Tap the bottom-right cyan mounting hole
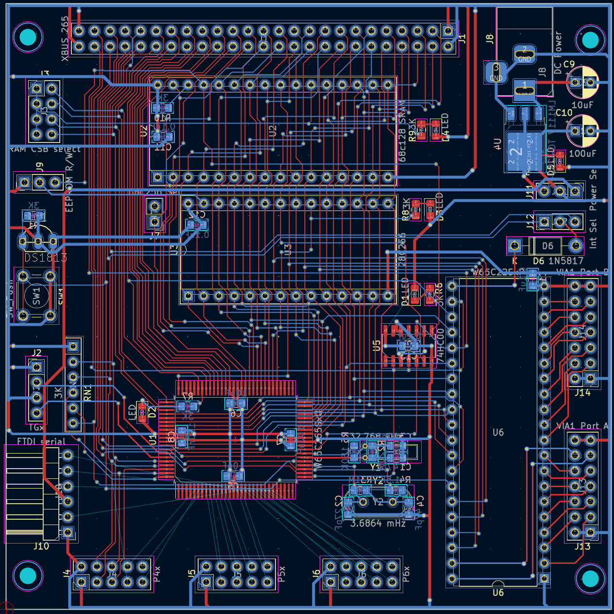[590, 579]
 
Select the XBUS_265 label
[65, 39]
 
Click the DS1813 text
[46, 258]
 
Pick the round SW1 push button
[37, 296]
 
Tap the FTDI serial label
[41, 441]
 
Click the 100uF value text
[582, 153]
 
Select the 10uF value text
[582, 105]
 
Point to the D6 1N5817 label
[558, 261]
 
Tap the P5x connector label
[282, 574]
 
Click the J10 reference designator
[41, 546]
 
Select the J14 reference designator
[582, 392]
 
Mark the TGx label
[36, 428]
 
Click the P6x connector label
[406, 574]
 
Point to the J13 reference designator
[582, 546]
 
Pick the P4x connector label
[157, 574]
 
